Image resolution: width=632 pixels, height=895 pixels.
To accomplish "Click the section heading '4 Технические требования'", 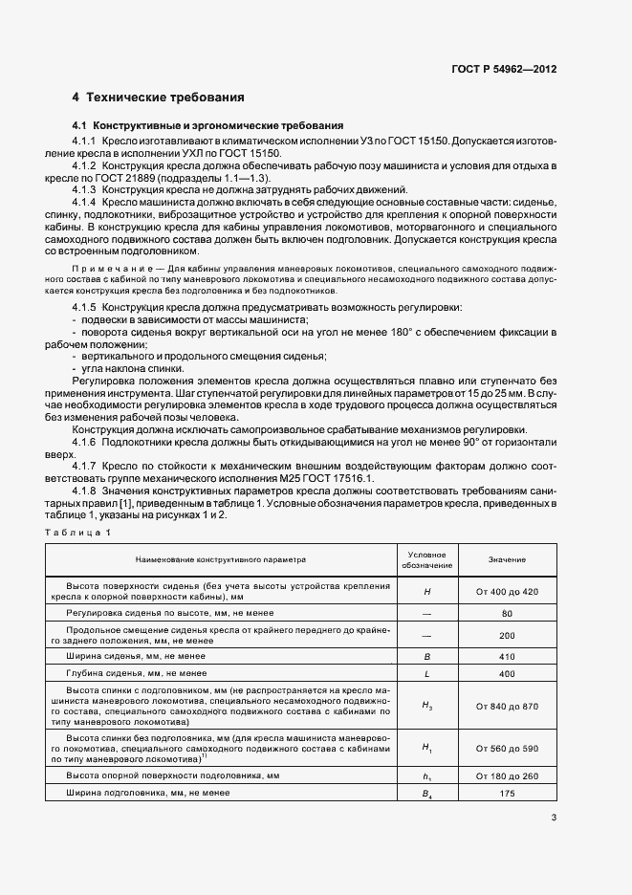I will pos(159,98).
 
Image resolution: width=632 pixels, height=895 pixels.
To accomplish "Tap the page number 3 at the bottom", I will pos(554,816).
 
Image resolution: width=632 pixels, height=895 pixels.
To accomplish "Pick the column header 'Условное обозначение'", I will pos(427,558).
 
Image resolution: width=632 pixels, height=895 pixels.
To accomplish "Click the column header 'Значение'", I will pos(507,558).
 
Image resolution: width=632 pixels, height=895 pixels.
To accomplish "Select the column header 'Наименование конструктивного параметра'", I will pos(221,558).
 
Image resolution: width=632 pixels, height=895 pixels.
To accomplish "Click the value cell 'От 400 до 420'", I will pos(507,592).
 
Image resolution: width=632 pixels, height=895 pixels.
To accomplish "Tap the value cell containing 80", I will pos(507,613).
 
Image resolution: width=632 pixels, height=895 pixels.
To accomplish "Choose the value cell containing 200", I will pos(507,634).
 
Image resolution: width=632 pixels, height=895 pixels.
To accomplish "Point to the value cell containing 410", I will pos(507,656).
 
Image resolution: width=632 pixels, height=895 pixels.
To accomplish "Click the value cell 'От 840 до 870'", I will pos(507,706).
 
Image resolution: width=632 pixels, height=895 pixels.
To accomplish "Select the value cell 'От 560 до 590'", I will pos(507,748).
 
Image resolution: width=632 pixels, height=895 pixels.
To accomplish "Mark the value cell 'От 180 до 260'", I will pos(507,775).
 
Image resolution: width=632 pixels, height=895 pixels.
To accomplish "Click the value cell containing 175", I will pos(507,794).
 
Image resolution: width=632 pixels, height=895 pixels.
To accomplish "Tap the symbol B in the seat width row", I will pos(427,656).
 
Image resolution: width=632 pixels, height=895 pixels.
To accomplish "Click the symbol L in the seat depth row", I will pos(427,674).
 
